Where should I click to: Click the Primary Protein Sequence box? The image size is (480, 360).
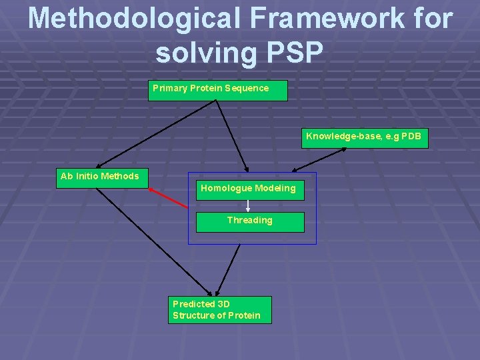point(217,90)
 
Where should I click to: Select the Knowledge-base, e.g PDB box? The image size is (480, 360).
point(364,138)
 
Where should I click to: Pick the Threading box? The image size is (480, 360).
point(250,221)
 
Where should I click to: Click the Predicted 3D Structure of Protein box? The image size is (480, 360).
point(219,310)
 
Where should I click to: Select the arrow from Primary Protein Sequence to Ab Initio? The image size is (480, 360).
point(156,134)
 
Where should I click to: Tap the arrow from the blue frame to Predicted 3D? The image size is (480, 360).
point(228,269)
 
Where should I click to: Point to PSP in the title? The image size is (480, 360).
point(293,52)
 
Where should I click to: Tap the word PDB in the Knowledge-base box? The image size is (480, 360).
point(411,137)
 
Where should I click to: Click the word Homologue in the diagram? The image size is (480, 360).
point(225,188)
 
